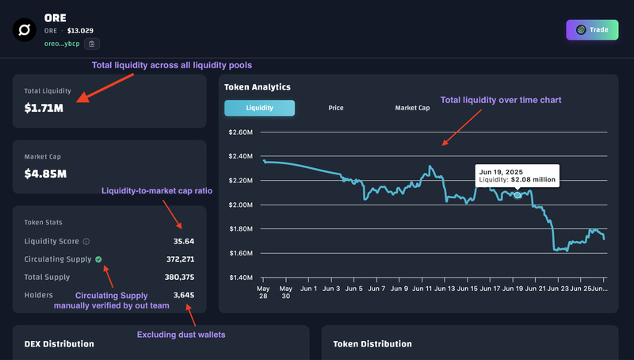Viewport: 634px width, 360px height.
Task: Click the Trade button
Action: point(592,30)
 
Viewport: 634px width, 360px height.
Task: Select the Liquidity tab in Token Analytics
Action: point(260,108)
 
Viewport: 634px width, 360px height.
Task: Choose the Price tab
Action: point(336,108)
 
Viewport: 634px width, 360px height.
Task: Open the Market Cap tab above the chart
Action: point(412,108)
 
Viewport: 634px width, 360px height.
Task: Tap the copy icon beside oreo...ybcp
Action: point(92,44)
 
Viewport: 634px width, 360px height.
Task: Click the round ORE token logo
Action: point(25,30)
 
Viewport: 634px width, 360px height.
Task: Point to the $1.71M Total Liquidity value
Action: point(44,108)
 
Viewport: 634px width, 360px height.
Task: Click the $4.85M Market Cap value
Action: point(45,174)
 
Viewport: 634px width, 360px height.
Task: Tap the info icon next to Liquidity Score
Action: point(86,242)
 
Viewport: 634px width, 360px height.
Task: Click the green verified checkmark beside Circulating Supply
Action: point(98,259)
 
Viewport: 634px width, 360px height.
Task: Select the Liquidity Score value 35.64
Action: point(184,242)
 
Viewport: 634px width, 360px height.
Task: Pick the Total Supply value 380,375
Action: point(180,277)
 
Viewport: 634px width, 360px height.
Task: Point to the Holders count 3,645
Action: point(184,295)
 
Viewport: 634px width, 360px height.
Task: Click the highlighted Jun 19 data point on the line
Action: point(518,195)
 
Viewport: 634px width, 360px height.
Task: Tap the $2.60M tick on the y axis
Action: point(241,132)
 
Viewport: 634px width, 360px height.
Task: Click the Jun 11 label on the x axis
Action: point(422,289)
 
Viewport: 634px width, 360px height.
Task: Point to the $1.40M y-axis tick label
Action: point(241,278)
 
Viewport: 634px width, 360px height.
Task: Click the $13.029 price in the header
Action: point(80,31)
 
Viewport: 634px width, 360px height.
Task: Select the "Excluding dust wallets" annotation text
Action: point(181,335)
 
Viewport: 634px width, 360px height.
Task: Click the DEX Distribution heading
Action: point(59,344)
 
